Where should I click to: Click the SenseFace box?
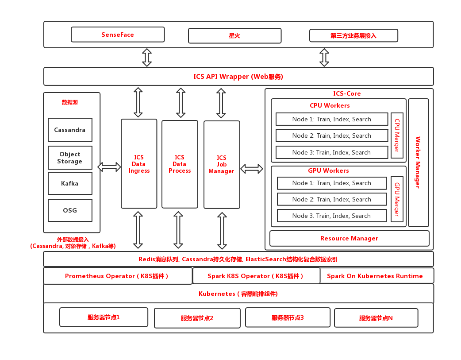tap(118, 35)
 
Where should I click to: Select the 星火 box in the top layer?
tap(234, 36)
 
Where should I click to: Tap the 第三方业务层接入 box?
tap(353, 35)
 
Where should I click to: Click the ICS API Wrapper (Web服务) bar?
tap(238, 76)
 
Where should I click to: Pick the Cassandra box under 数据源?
tap(70, 130)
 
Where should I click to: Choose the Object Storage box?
tap(70, 158)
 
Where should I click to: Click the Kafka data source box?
tap(70, 183)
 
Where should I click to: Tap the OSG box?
tap(70, 210)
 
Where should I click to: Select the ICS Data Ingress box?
tap(139, 164)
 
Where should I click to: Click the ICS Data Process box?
tap(180, 164)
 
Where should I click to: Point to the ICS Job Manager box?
tap(222, 164)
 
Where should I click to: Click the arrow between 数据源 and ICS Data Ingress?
tap(109, 167)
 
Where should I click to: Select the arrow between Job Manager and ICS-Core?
tap(252, 169)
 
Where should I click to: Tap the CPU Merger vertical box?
tap(397, 135)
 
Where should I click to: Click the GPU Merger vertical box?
tap(397, 199)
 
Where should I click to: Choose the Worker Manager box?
tap(418, 163)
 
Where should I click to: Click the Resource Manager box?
tap(349, 238)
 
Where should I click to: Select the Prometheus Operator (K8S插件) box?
tap(117, 276)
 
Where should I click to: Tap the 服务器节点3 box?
tap(288, 317)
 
